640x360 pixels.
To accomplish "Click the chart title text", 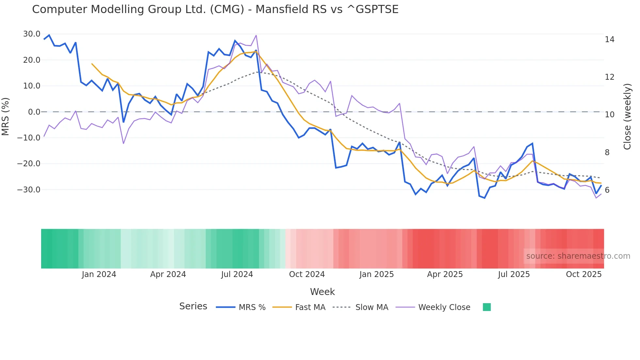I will click(215, 9).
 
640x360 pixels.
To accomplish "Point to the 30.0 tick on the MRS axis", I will click(32, 34).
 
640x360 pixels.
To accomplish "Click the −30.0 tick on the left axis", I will click(29, 190).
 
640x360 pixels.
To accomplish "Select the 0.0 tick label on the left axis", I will click(34, 112).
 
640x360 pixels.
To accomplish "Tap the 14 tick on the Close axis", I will click(609, 40).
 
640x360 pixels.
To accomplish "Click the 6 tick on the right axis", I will click(607, 190).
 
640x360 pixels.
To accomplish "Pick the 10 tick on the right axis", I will click(609, 115).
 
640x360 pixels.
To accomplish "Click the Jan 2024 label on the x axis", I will click(99, 274).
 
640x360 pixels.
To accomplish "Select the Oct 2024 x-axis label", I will click(307, 274).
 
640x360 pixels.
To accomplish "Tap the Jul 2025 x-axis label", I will click(514, 274).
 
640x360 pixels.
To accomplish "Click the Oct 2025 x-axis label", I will click(584, 274).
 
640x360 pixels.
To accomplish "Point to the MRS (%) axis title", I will click(6, 116).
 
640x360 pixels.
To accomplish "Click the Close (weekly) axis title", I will click(627, 117).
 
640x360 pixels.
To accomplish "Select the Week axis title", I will click(322, 292).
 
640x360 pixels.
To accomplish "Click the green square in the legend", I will click(487, 307).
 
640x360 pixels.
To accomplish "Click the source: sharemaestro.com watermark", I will click(578, 256).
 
